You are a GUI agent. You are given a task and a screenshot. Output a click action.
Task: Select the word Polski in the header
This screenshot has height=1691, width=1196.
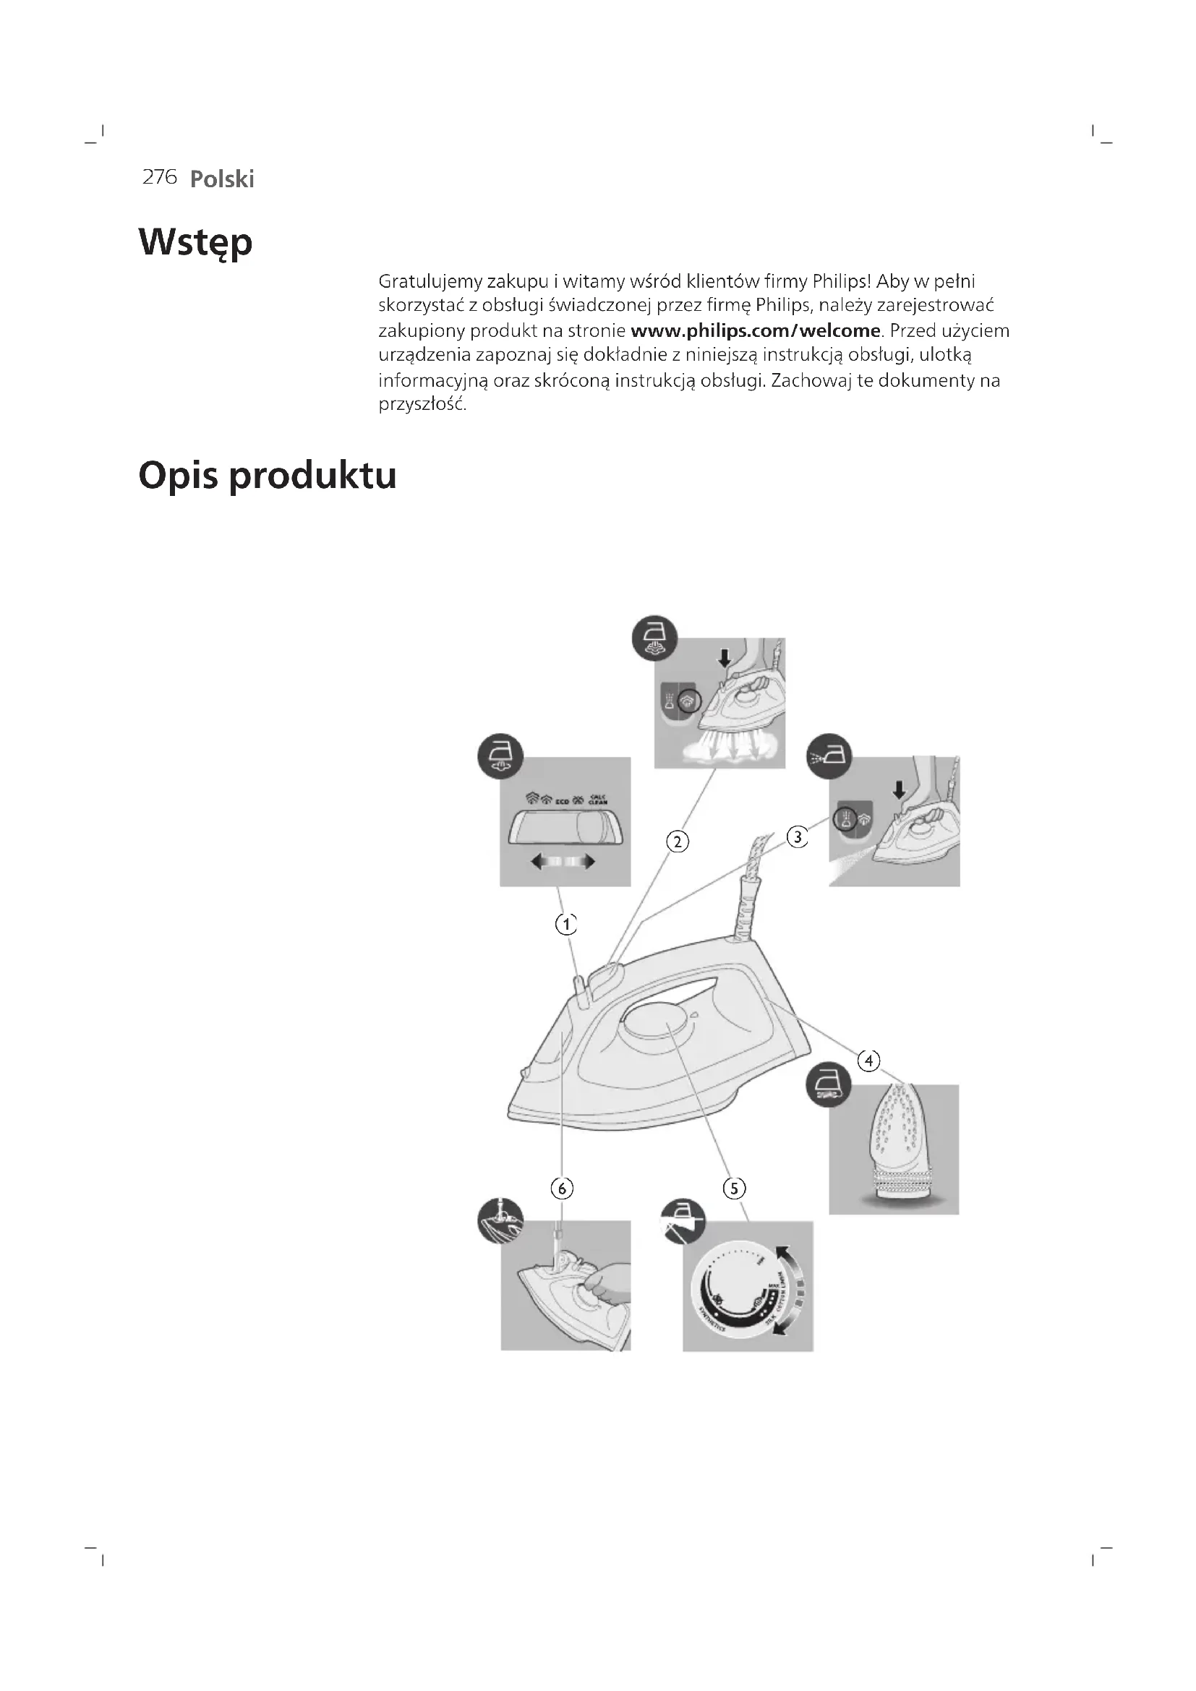[222, 179]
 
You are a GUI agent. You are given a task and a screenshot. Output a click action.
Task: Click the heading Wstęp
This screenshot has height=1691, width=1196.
[195, 242]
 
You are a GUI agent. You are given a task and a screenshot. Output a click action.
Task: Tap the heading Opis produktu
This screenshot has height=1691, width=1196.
[268, 475]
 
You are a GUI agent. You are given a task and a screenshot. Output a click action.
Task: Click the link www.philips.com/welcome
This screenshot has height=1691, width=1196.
[756, 330]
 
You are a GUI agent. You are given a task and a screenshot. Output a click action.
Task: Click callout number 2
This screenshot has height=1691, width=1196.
[678, 841]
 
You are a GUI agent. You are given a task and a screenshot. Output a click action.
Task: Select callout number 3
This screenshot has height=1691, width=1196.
[798, 837]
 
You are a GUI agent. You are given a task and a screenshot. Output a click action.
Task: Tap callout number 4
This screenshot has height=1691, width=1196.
[869, 1061]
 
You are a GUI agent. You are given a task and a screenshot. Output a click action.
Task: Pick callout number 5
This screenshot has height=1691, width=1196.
[734, 1188]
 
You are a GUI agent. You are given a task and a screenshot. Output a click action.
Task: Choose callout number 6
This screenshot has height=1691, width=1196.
[562, 1188]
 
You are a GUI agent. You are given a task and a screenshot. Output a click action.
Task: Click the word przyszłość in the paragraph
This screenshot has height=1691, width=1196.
[422, 405]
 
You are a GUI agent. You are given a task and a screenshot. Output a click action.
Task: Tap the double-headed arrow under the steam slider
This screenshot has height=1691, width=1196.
[563, 862]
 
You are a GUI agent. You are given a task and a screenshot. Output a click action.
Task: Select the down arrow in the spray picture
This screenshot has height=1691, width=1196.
[899, 790]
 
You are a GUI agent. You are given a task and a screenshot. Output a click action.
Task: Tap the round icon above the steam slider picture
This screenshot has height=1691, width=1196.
[500, 756]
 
